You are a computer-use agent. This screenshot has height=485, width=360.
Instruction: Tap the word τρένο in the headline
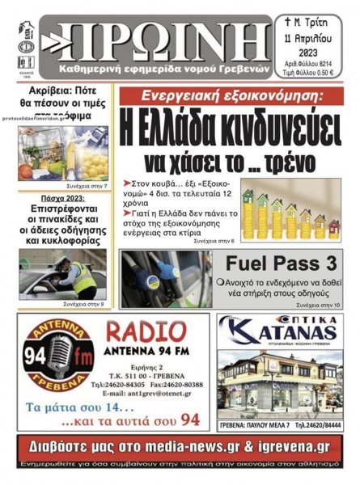279,161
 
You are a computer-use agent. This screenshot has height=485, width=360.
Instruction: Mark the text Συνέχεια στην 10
318,306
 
